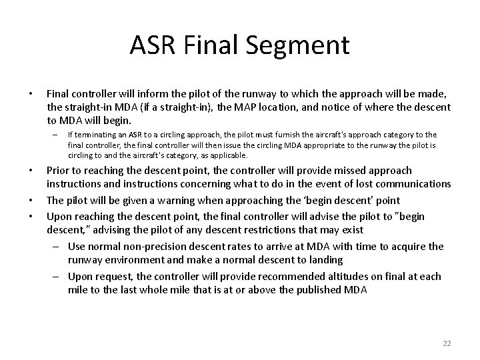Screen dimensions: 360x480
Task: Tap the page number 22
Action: coord(447,343)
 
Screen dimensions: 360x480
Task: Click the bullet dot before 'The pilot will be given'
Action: coord(31,201)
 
